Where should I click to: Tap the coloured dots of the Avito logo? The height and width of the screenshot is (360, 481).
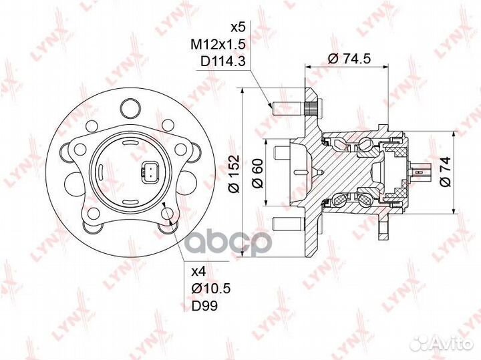pyautogui.click(x=422, y=341)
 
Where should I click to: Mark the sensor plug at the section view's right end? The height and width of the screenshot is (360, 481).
pyautogui.click(x=422, y=175)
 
